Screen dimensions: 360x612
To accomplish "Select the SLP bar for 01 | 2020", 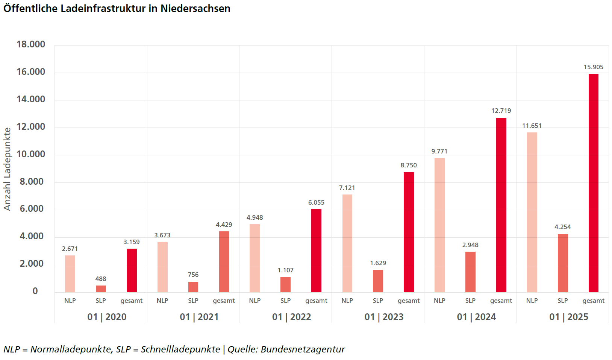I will coord(101,289).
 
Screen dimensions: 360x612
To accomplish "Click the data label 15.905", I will coord(593,67).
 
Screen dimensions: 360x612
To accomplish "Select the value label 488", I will coord(101,279).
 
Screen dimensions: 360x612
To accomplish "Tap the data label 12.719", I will coord(501,111).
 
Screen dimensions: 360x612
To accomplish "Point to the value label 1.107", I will coord(285,270).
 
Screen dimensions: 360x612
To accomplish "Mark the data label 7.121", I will coord(347,188).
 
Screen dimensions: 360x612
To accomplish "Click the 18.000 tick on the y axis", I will coord(31,44).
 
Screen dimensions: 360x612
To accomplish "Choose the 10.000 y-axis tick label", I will coord(31,154).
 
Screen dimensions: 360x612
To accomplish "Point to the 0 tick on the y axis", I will coord(35,291).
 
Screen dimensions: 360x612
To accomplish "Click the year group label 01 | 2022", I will coord(291,317).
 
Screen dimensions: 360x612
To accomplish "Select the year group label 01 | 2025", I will coord(568,317).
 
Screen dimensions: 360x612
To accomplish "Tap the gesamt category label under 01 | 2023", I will coord(409,301).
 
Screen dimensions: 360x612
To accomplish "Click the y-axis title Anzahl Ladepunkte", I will coord(7,169).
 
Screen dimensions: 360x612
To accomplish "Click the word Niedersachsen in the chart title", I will coord(195,9).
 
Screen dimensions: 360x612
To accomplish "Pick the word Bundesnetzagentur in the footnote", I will coord(303,349).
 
